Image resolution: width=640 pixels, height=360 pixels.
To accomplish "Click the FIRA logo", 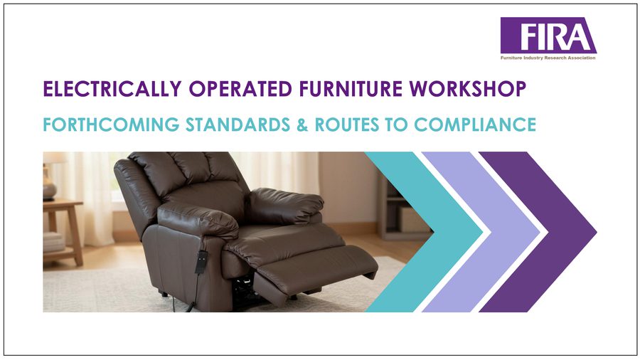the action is click(548, 38).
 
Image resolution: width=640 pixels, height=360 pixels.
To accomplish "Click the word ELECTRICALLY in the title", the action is click(112, 89).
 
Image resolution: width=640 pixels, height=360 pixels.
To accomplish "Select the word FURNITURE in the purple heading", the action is click(351, 89).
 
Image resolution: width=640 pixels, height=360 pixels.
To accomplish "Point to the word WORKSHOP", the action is click(468, 89).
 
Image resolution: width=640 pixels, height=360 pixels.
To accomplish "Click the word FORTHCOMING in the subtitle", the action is click(111, 125).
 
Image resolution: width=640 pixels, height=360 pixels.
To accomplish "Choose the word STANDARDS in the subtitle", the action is click(238, 125).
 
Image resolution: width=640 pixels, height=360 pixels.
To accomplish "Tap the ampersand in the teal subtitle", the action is click(302, 125).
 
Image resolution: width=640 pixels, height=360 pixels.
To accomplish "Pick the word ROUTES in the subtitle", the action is click(346, 125).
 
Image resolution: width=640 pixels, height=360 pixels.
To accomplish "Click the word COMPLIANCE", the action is click(475, 125).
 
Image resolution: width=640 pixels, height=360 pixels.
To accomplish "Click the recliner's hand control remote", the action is click(201, 262).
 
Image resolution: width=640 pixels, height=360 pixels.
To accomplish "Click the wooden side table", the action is click(63, 231).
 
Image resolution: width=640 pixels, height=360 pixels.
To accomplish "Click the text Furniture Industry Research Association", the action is click(548, 58).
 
